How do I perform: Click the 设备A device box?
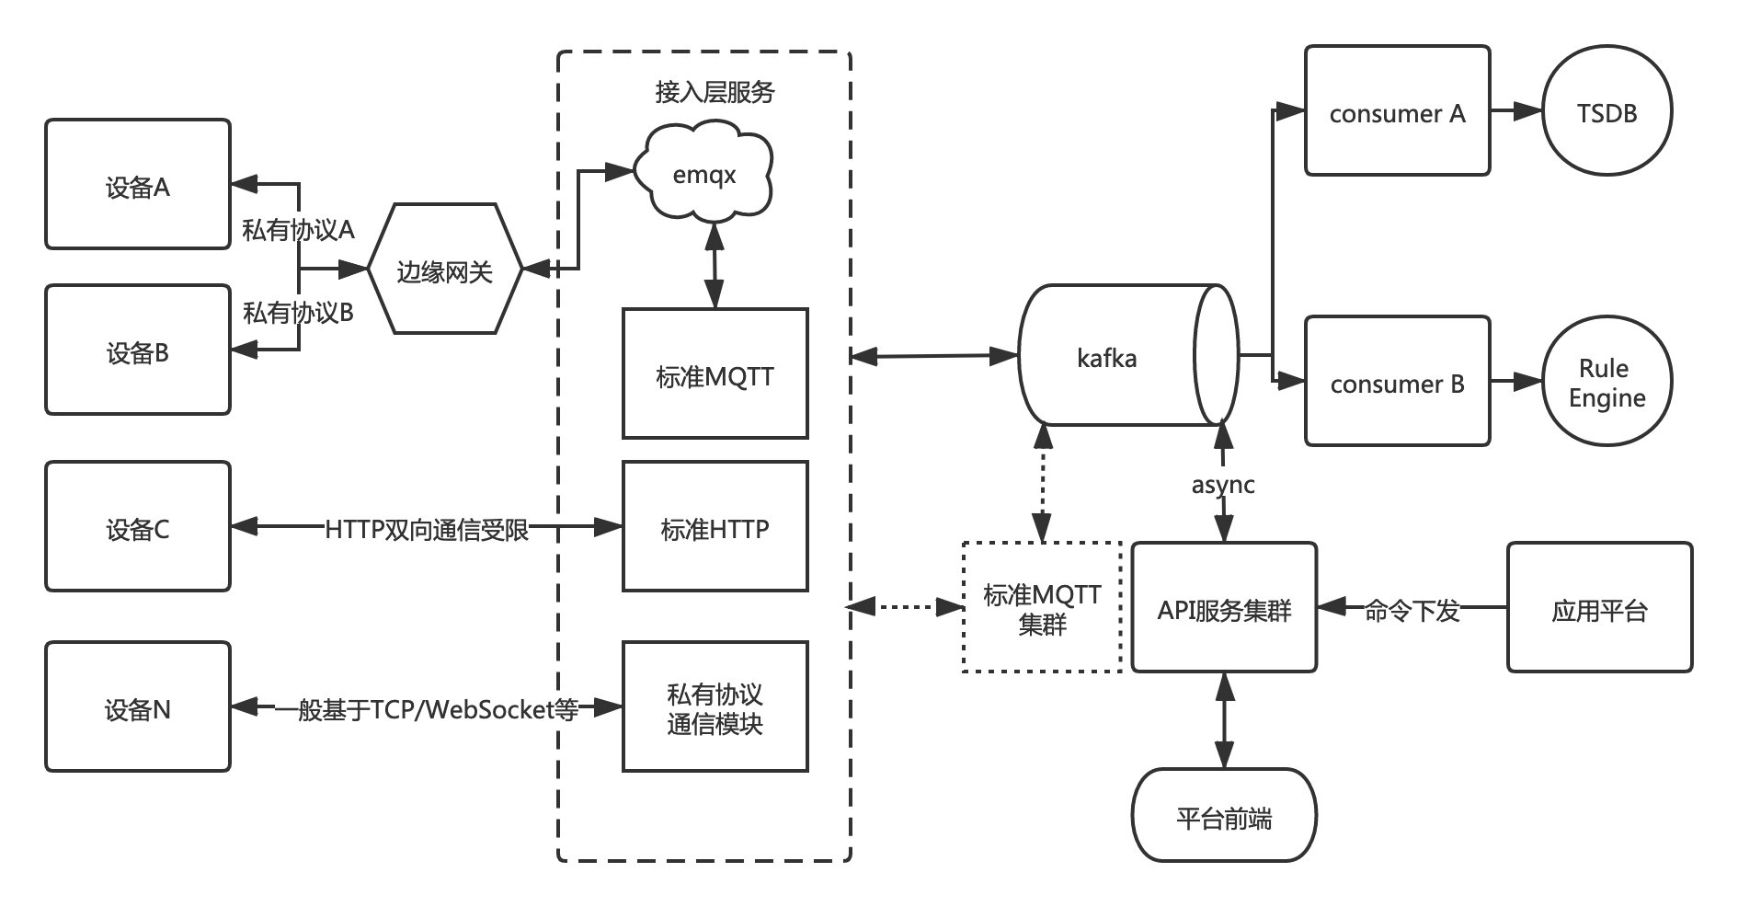(138, 184)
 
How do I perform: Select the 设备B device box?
(138, 350)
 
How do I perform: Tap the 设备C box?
(138, 526)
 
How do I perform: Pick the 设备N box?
(138, 706)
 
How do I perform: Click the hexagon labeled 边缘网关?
(445, 270)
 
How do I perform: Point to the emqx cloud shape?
(704, 175)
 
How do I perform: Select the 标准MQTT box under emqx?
(715, 373)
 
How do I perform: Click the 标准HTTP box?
(715, 526)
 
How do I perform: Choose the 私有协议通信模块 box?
(715, 706)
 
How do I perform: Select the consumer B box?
(1397, 382)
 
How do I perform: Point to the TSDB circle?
(1607, 111)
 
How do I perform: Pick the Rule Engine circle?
(1607, 382)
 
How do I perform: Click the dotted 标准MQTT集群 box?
(1042, 607)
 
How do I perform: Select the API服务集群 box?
(1224, 607)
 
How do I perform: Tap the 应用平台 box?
(1599, 607)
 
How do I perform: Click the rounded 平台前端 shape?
(1224, 815)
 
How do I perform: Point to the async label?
(1223, 485)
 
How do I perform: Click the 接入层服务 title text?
(715, 91)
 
